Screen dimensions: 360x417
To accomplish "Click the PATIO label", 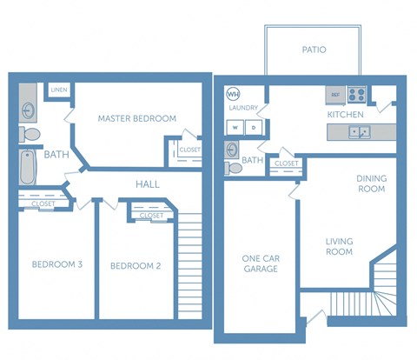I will (314, 50).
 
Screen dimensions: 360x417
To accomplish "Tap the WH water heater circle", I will (233, 94).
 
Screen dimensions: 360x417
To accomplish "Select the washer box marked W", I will (235, 127).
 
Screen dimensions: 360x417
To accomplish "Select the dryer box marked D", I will (254, 127).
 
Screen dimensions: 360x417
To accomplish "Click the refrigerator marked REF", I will (334, 94).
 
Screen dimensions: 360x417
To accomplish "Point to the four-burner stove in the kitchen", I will (357, 94).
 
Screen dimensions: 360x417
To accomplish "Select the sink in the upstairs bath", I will (28, 110).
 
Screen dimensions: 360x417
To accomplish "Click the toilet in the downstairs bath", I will (232, 167).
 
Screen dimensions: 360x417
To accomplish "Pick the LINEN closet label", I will (59, 90).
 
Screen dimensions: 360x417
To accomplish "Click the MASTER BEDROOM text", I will (136, 118).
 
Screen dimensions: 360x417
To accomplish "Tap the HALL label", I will (147, 184).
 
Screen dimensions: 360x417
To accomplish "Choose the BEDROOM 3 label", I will (56, 264).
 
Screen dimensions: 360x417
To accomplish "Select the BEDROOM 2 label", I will (137, 266).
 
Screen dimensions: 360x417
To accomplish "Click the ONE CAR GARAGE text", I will (260, 263).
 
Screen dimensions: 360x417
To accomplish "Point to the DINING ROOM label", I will (372, 183).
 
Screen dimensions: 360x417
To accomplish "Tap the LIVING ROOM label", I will (339, 246).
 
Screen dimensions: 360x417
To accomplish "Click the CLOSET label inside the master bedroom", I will (189, 150).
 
